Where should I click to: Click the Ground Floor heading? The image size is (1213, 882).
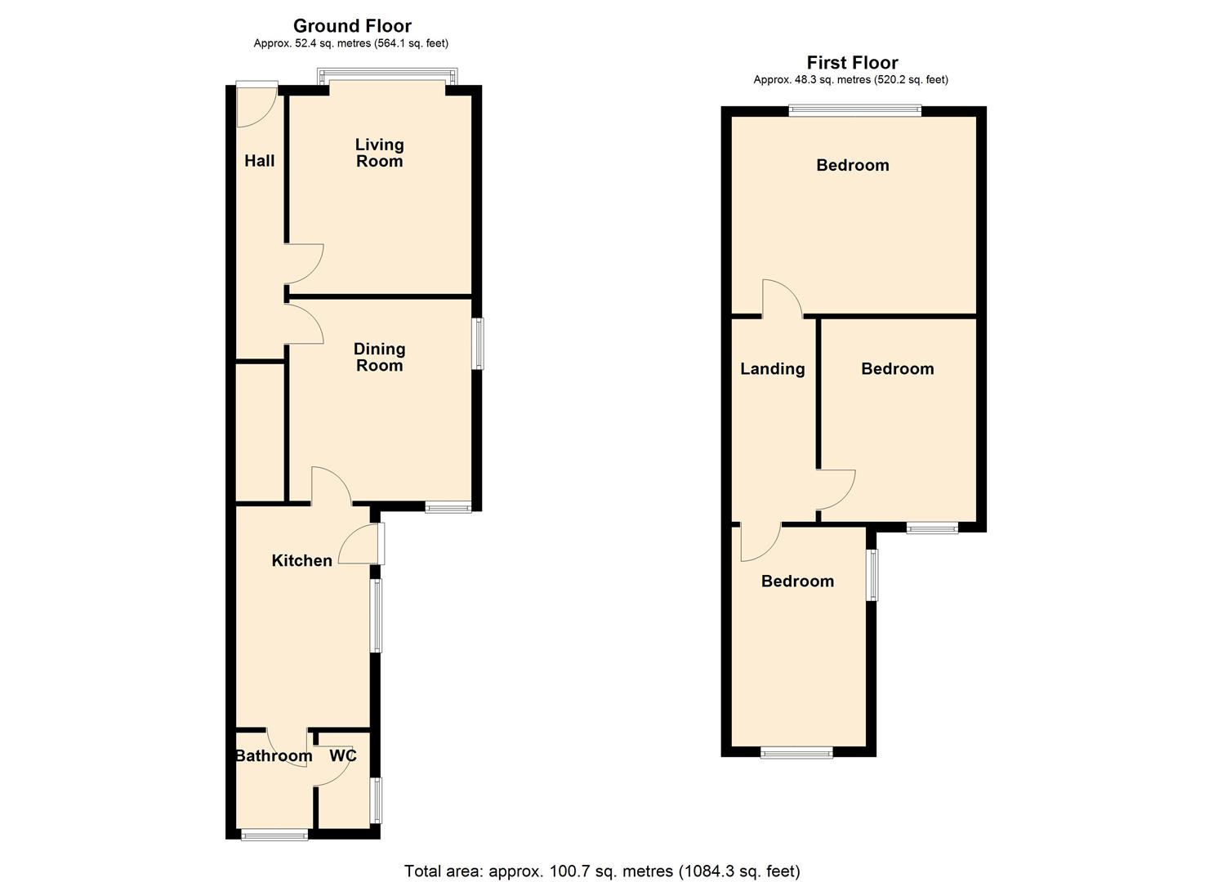(x=352, y=26)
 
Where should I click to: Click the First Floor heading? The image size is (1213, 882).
(x=852, y=63)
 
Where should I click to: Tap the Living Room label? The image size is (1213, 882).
(x=379, y=153)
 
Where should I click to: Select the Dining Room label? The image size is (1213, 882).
(x=379, y=357)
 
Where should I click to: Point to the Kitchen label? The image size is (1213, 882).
(x=301, y=560)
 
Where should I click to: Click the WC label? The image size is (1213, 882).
(x=343, y=755)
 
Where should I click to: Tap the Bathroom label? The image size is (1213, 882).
(x=274, y=756)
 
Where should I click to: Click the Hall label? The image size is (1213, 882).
(x=260, y=161)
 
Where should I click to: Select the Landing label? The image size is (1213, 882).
(x=772, y=369)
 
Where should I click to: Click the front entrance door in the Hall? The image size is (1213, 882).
(x=256, y=105)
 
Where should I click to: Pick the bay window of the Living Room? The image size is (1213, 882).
(x=387, y=77)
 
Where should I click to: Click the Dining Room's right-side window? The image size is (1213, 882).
(x=479, y=344)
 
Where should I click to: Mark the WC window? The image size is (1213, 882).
(x=377, y=800)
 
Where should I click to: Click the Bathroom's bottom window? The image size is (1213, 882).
(x=274, y=835)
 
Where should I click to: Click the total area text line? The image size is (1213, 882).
(x=602, y=871)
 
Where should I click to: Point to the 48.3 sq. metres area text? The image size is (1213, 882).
(x=850, y=80)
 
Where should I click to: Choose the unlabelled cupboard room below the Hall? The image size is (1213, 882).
(x=260, y=431)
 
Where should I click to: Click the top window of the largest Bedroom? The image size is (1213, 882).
(x=854, y=110)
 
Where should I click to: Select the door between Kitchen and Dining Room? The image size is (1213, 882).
(x=330, y=487)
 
